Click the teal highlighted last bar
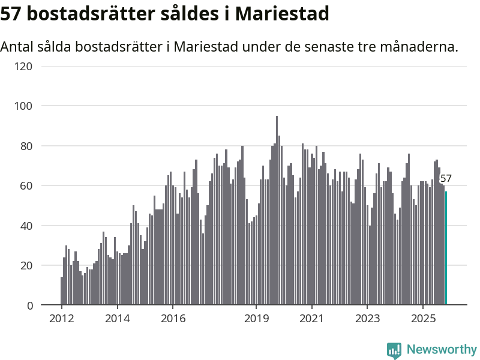click(x=446, y=248)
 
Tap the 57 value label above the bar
click(x=446, y=178)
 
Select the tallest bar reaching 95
click(x=277, y=211)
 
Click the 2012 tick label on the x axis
click(x=61, y=318)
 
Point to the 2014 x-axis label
click(x=117, y=318)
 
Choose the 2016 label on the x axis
click(x=173, y=318)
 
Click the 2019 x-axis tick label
click(x=256, y=318)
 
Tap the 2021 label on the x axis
click(x=312, y=318)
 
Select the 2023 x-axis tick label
click(x=367, y=318)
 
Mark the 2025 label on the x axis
click(x=423, y=318)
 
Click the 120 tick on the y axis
click(x=23, y=66)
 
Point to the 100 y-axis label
click(x=23, y=106)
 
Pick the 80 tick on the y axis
click(x=26, y=146)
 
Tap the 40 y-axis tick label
click(x=26, y=226)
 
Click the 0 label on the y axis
click(x=29, y=305)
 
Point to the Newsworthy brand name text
click(x=442, y=349)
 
